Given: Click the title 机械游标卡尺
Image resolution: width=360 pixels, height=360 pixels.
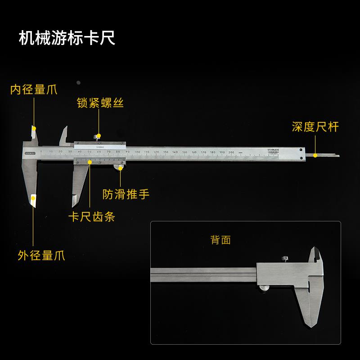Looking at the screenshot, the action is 67,38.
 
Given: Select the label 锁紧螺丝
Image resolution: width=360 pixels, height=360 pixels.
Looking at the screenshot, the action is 99,103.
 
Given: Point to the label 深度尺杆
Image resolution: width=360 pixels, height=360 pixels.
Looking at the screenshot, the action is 315,127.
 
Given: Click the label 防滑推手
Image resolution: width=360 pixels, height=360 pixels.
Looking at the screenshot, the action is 126,194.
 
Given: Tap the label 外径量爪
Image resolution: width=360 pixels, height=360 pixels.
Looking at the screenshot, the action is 41,256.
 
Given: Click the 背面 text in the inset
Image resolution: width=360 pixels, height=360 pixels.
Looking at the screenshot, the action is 220,240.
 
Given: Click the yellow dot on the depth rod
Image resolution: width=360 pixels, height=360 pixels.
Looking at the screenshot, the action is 315,155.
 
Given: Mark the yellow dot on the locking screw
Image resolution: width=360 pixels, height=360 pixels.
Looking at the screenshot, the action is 99,135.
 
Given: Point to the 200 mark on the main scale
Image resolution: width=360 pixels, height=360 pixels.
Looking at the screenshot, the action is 231,153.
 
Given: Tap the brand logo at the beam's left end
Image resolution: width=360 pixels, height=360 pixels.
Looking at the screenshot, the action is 30,153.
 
